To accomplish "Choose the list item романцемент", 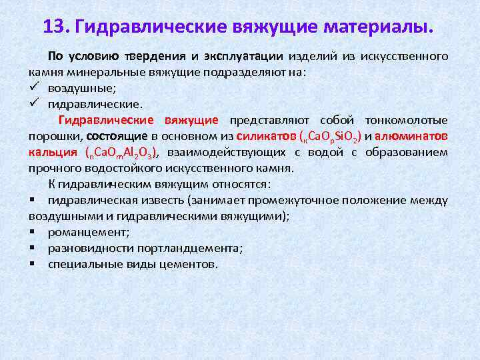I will coord(89,232).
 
